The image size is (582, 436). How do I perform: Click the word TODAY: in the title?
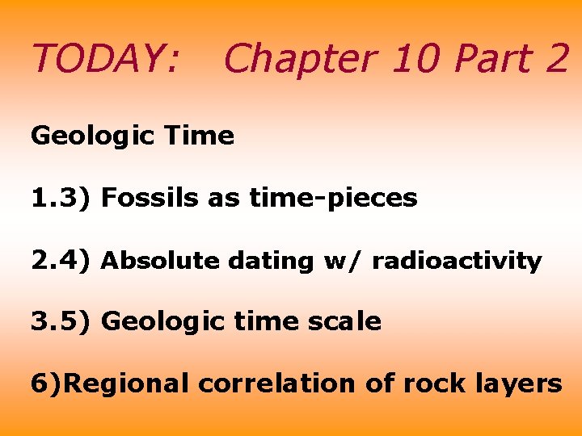[105, 58]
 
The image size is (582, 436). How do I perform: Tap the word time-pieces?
[333, 198]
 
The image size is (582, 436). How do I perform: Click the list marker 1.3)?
[61, 198]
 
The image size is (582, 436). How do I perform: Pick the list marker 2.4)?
[61, 260]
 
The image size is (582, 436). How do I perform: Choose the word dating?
[270, 261]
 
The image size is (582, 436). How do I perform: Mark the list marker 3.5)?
[61, 321]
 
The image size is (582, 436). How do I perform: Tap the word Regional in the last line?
[127, 383]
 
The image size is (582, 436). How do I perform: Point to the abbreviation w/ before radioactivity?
[342, 261]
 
